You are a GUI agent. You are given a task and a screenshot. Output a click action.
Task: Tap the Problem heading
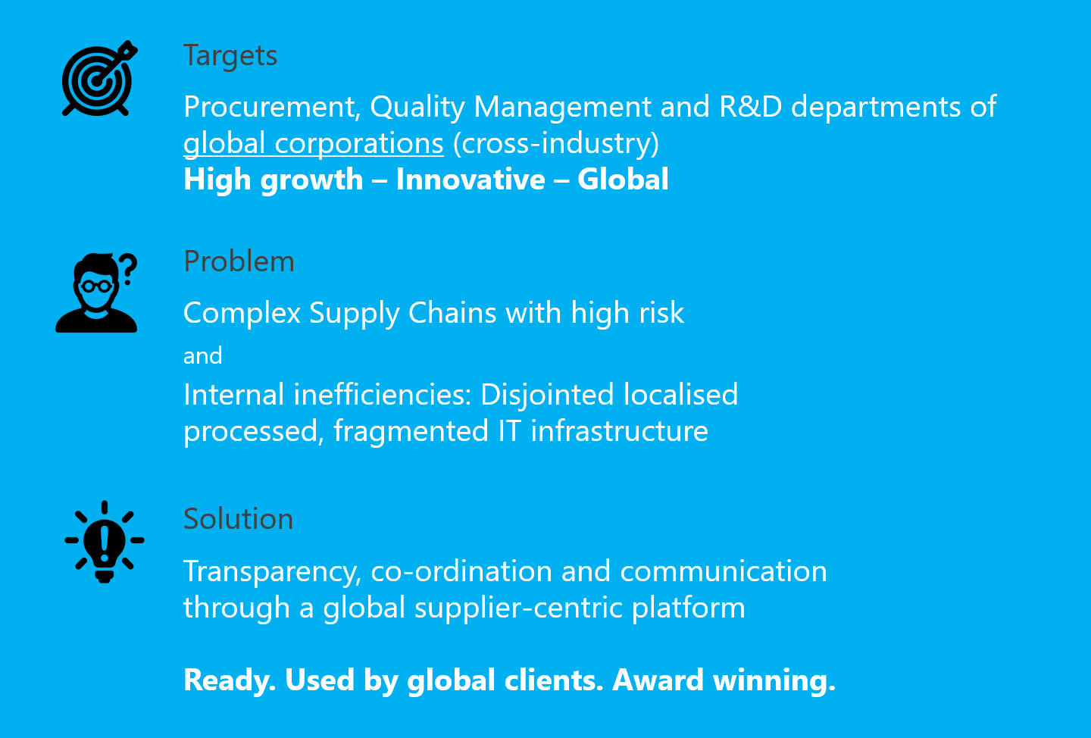click(239, 261)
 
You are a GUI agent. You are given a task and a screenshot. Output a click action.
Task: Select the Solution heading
click(238, 518)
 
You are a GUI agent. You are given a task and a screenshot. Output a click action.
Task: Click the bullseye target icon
click(98, 79)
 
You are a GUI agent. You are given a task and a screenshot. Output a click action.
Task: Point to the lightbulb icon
click(105, 542)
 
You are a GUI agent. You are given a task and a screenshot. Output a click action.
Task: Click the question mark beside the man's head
click(128, 269)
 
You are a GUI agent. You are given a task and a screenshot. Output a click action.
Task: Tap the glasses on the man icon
click(96, 286)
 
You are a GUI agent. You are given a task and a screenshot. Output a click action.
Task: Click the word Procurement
click(272, 106)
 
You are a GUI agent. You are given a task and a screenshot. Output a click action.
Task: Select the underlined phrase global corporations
click(314, 144)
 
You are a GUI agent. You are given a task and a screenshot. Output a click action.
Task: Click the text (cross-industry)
click(556, 144)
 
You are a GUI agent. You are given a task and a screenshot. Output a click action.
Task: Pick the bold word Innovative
click(470, 180)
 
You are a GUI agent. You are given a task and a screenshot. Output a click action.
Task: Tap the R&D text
click(750, 106)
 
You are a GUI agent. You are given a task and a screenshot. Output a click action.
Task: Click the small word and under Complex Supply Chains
click(202, 355)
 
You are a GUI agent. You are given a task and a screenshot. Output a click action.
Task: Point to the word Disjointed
click(547, 396)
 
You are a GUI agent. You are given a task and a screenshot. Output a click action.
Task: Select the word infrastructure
click(619, 430)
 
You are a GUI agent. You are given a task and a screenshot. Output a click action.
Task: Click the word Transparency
click(272, 572)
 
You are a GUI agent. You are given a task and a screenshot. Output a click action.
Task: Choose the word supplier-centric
click(519, 608)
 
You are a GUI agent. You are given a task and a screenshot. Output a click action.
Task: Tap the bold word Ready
click(230, 680)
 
